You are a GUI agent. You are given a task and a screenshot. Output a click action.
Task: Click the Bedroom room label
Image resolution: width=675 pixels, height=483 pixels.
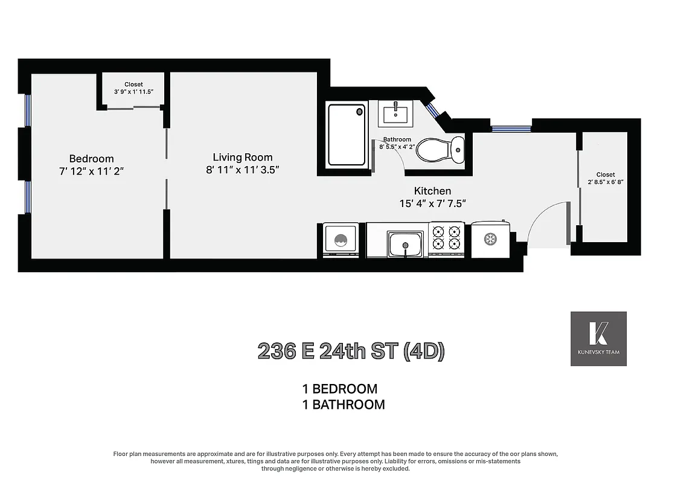pyautogui.click(x=91, y=159)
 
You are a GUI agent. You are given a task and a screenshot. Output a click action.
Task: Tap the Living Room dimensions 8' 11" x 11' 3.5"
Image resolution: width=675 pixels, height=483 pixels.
pyautogui.click(x=242, y=170)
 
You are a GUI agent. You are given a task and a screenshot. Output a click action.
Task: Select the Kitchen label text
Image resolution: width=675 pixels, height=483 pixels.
pyautogui.click(x=432, y=191)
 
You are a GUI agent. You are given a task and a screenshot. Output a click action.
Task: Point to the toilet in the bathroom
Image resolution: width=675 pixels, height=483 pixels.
pyautogui.click(x=440, y=150)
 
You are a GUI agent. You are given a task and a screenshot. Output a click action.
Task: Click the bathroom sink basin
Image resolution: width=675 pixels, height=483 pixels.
pyautogui.click(x=396, y=114)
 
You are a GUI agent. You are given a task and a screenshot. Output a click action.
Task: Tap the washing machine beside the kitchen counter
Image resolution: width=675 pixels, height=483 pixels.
pyautogui.click(x=341, y=240)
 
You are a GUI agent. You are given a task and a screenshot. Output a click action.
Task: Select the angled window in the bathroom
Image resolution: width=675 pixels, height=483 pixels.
pyautogui.click(x=433, y=110)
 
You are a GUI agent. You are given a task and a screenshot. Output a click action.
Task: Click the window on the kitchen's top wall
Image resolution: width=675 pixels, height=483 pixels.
pyautogui.click(x=511, y=128)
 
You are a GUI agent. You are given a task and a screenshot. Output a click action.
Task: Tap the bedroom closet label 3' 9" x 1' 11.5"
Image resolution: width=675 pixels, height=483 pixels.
pyautogui.click(x=134, y=88)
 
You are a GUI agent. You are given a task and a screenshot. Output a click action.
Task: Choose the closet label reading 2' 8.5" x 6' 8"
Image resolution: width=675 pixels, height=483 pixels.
pyautogui.click(x=606, y=179)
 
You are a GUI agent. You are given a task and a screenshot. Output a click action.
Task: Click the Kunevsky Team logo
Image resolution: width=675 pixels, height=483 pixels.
pyautogui.click(x=598, y=339)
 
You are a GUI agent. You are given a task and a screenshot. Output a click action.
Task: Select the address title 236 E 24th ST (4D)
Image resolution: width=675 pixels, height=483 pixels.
pyautogui.click(x=351, y=351)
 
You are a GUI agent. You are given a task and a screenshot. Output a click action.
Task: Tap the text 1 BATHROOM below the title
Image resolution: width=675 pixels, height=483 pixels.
pyautogui.click(x=344, y=405)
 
